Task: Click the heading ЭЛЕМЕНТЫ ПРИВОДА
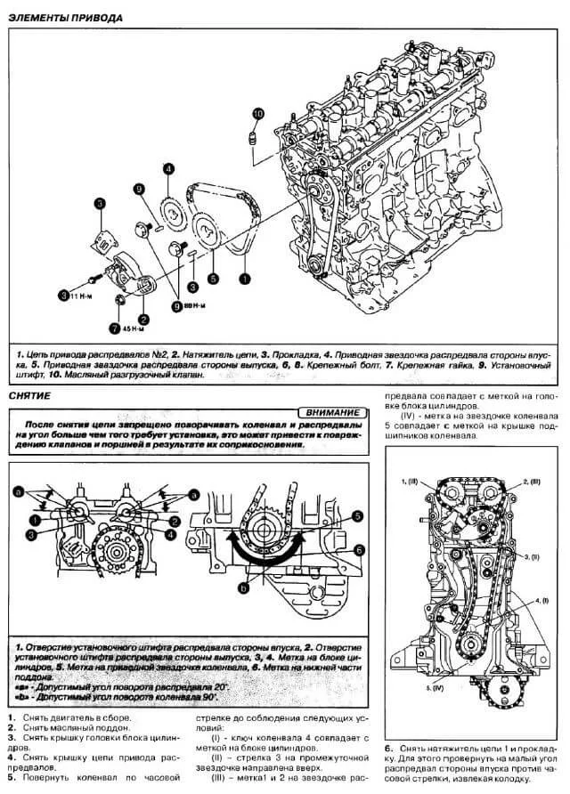coord(66,18)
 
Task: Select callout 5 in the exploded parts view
coord(213,278)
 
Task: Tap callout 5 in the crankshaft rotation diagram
coord(356,515)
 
